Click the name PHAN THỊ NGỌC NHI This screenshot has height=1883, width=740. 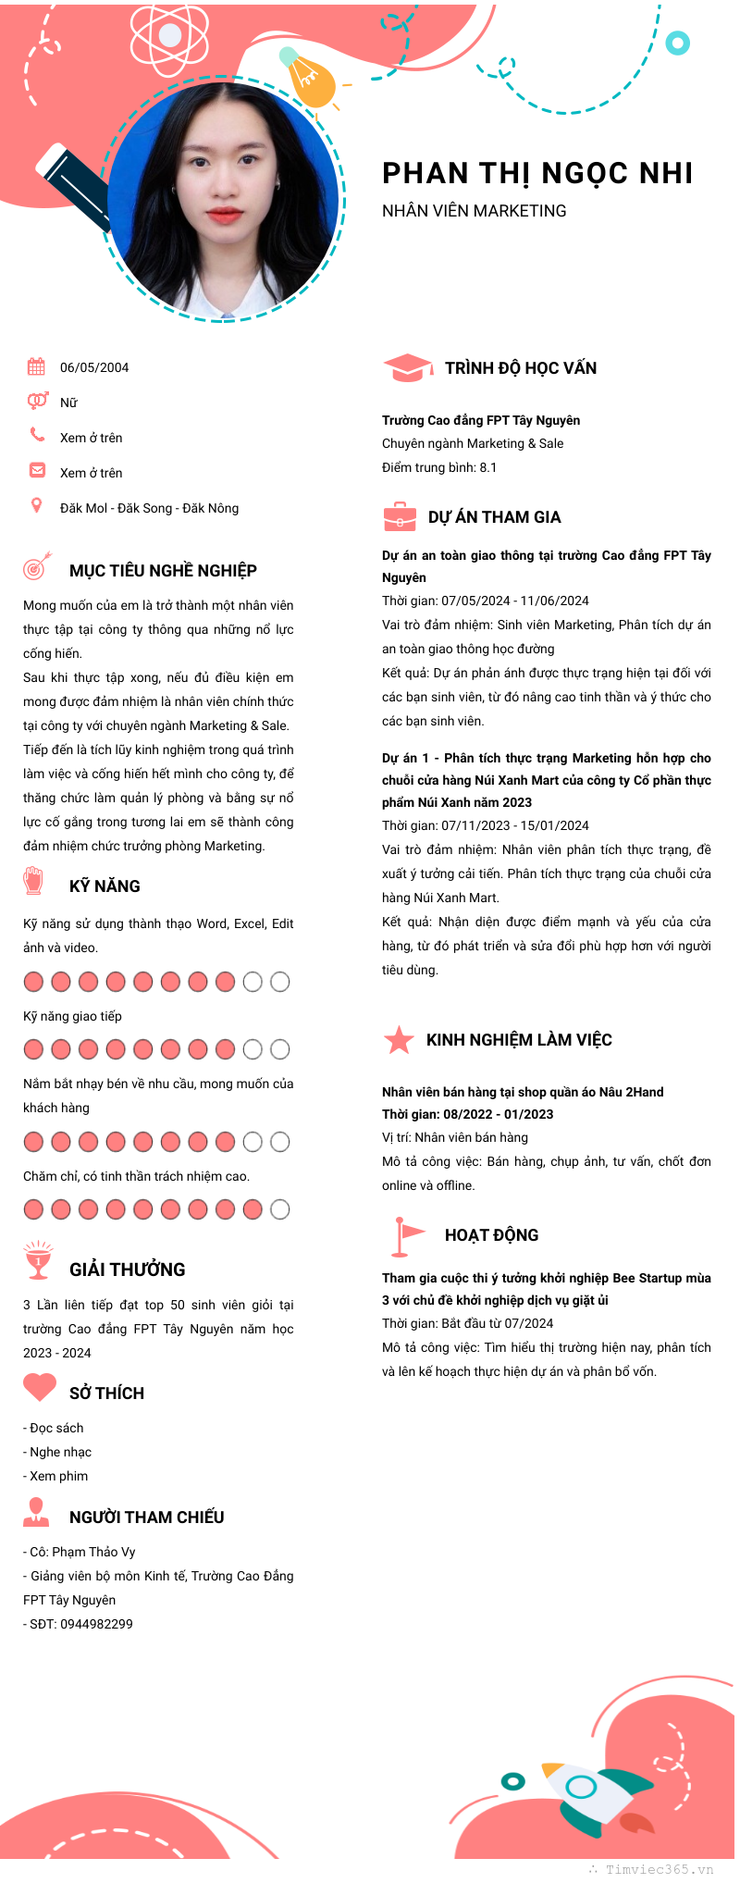(x=537, y=173)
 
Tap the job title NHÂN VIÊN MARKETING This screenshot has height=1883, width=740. (x=474, y=211)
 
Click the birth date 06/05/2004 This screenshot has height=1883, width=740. (x=94, y=367)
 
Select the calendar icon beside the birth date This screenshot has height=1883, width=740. (x=36, y=366)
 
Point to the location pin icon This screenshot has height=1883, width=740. (x=36, y=505)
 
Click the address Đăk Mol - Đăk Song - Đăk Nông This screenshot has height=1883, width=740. (x=149, y=508)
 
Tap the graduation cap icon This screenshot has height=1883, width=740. (x=407, y=368)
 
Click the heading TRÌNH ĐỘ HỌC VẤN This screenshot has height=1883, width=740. (x=521, y=368)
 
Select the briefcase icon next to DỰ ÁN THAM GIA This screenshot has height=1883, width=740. (x=400, y=516)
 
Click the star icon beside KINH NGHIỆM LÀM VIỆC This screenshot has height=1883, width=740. (x=399, y=1040)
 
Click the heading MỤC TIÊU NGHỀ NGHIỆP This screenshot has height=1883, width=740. (x=163, y=571)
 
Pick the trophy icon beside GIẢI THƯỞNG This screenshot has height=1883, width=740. (x=38, y=1260)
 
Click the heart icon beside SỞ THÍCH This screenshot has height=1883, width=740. (x=40, y=1387)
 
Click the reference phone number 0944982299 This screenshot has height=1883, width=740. (x=96, y=1624)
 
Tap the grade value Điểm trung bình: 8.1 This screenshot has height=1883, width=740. (x=439, y=467)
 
